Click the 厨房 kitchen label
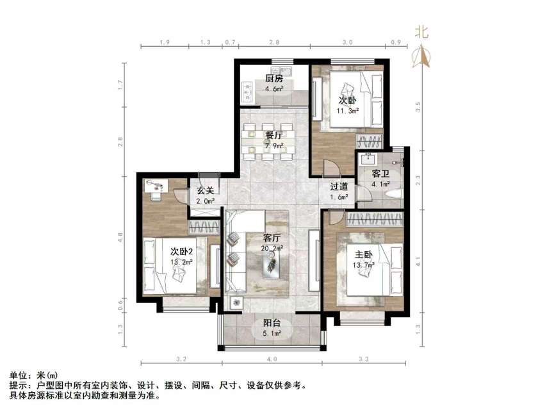[274, 79]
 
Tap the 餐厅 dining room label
[274, 135]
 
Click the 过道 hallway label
[339, 187]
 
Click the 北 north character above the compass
[421, 32]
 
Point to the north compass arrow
[421, 56]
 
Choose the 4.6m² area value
[274, 88]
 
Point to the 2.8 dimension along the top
[273, 42]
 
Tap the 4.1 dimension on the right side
[418, 261]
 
